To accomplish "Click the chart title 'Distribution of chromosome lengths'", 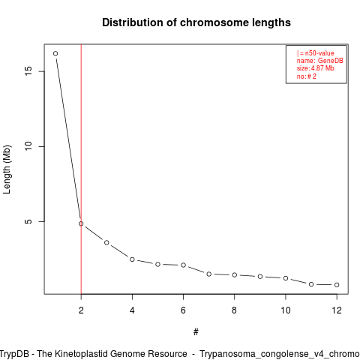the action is pyautogui.click(x=196, y=22).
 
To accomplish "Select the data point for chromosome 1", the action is pyautogui.click(x=55, y=53).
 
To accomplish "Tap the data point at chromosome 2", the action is pyautogui.click(x=81, y=223).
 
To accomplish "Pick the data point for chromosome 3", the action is pyautogui.click(x=106, y=242).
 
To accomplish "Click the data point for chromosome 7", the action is pyautogui.click(x=209, y=274).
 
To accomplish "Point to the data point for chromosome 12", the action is pyautogui.click(x=337, y=285).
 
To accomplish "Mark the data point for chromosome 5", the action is pyautogui.click(x=157, y=264).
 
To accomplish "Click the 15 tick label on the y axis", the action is pyautogui.click(x=28, y=71).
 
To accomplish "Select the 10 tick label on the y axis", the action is pyautogui.click(x=28, y=146).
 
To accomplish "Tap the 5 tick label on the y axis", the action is pyautogui.click(x=28, y=221).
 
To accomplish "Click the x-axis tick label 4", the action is pyautogui.click(x=132, y=310).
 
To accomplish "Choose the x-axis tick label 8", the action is pyautogui.click(x=234, y=310).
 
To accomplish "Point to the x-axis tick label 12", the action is pyautogui.click(x=337, y=310).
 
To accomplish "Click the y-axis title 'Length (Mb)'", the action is pyautogui.click(x=7, y=169).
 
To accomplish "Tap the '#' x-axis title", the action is pyautogui.click(x=196, y=332).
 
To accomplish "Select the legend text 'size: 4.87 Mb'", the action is pyautogui.click(x=316, y=68).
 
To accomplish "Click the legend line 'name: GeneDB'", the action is pyautogui.click(x=320, y=61).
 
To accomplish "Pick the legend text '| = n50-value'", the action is pyautogui.click(x=316, y=53).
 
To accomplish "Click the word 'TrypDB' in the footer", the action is pyautogui.click(x=16, y=354).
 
